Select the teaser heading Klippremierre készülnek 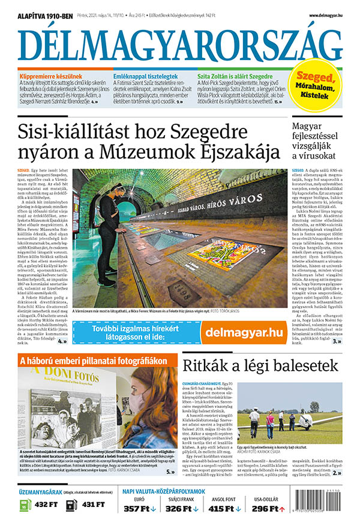[50, 77]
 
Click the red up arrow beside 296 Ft [281, 509]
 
